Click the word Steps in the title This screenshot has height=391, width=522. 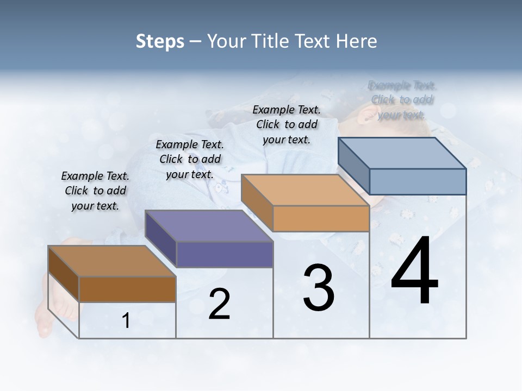pos(160,41)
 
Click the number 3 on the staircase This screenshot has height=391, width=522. pos(319,288)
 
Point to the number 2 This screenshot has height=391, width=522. pos(219,304)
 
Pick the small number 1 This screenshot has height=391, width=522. pos(126,320)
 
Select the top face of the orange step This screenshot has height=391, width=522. pos(304,190)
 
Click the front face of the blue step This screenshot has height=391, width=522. pos(418,181)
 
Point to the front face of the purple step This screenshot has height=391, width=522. pos(225,254)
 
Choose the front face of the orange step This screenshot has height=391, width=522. pos(321,218)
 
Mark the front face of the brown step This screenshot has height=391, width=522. pos(127,289)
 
